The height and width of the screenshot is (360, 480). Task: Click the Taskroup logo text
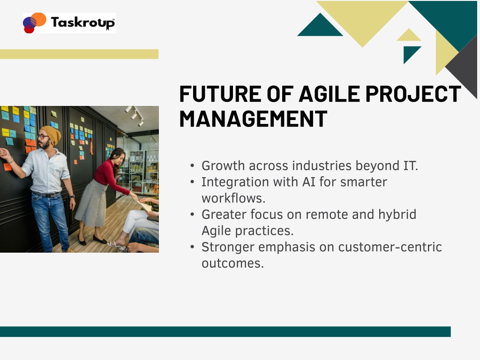82,22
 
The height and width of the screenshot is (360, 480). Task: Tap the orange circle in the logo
39,19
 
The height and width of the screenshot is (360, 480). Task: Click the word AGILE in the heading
330,94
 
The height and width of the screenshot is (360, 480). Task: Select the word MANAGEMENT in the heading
253,119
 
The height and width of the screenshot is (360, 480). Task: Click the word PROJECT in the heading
413,94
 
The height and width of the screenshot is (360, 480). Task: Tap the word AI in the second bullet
309,182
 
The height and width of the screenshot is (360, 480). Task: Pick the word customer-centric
390,247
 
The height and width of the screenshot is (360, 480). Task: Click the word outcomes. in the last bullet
232,263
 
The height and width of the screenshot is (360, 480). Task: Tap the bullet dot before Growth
192,166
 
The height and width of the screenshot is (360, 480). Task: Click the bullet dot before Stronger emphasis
192,247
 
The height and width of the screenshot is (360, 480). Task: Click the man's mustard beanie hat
52,134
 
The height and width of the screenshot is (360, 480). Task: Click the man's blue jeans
51,221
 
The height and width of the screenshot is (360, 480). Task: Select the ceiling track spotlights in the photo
135,115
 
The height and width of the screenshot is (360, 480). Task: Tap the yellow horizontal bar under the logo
79,54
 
